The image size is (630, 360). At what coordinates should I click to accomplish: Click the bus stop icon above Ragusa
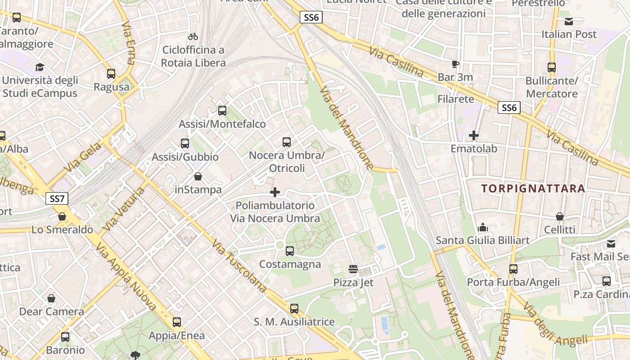pos(111,74)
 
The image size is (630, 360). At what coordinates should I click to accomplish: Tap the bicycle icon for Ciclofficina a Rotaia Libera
pos(193,36)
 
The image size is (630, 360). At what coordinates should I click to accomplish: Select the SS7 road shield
pos(57,198)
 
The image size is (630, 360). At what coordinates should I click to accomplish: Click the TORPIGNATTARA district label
pos(533,188)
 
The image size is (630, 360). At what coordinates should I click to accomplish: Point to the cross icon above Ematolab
pos(474,135)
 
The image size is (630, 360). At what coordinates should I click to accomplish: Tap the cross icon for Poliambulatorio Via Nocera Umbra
pos(274,192)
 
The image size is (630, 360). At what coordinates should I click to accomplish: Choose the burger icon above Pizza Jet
pos(353,269)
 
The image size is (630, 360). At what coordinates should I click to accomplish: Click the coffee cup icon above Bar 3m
pos(455,64)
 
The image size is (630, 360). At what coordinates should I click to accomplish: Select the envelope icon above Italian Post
pos(569,21)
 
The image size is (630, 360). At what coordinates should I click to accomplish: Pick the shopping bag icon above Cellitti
pos(560,216)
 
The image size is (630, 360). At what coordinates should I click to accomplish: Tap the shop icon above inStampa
pos(198,176)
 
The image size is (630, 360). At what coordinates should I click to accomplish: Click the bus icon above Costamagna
pos(290,251)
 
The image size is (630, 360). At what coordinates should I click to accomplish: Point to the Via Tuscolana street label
pos(239,267)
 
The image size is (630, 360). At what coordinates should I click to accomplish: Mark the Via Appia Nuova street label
pos(126,279)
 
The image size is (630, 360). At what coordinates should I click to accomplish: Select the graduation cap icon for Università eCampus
pos(40,67)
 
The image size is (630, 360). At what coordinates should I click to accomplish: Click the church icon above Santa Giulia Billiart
pos(483,227)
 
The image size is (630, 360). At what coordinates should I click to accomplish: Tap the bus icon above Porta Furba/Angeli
pos(513,269)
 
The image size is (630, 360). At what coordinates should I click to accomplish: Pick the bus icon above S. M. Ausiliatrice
pos(294,309)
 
